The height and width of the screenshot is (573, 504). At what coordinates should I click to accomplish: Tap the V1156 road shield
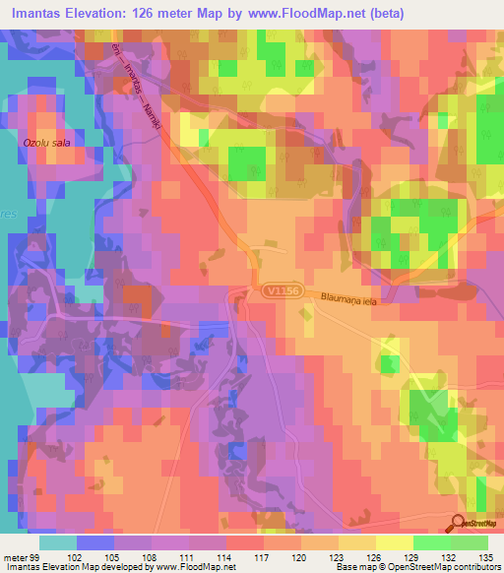coord(282,291)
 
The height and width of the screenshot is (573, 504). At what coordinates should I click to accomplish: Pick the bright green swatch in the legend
coord(431,542)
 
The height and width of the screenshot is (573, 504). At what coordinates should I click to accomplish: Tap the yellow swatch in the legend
coord(394,542)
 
